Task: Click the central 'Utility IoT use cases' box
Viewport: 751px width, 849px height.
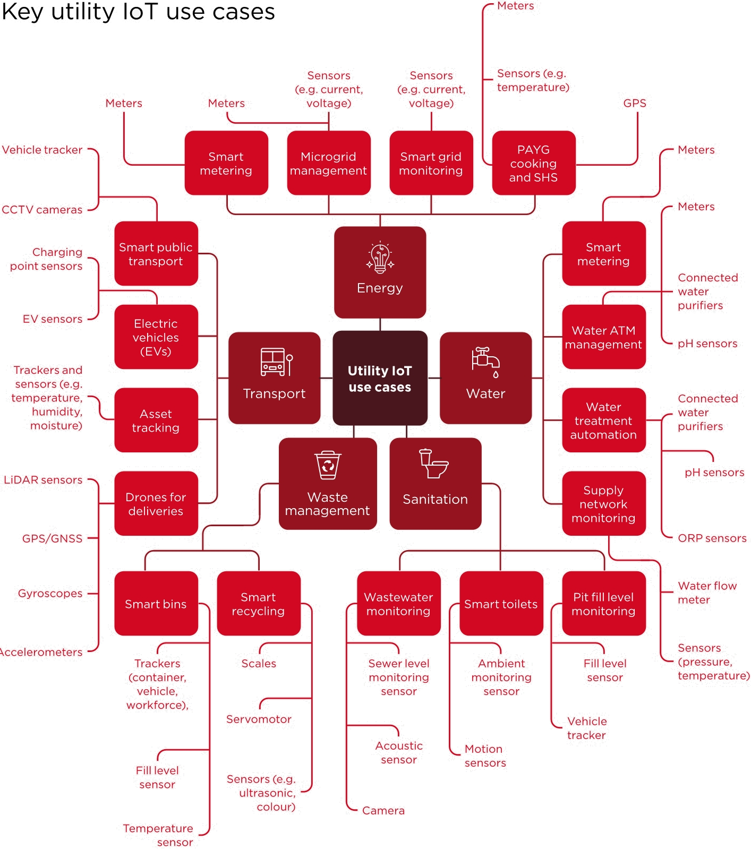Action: coord(380,378)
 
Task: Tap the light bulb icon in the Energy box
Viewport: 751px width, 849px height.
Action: coord(380,258)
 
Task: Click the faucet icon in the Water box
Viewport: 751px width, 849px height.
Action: coord(485,361)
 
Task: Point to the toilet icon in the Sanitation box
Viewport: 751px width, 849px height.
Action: coord(434,464)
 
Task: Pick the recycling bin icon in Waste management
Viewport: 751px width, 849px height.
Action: coord(328,465)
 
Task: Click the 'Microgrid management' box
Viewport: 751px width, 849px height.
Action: coord(328,163)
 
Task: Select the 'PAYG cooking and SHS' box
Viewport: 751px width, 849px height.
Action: coord(533,163)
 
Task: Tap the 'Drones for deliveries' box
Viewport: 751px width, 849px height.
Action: coord(156,503)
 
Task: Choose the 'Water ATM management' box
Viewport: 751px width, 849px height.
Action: coord(603,337)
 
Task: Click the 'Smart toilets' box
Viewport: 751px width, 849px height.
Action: coord(501,603)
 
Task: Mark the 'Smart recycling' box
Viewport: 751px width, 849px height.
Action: coord(258,603)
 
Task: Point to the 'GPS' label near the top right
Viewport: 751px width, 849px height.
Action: coord(635,103)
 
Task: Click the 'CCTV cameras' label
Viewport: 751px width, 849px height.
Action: coord(42,210)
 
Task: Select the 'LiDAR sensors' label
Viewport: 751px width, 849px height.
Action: coord(43,480)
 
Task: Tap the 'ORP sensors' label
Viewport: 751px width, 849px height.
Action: coord(712,538)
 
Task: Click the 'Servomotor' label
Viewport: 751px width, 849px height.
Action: coord(259,719)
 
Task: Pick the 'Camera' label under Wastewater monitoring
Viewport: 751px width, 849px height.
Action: coord(383,810)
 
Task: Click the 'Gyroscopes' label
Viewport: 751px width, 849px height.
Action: coord(50,593)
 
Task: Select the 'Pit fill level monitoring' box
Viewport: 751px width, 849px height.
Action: coord(603,603)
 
